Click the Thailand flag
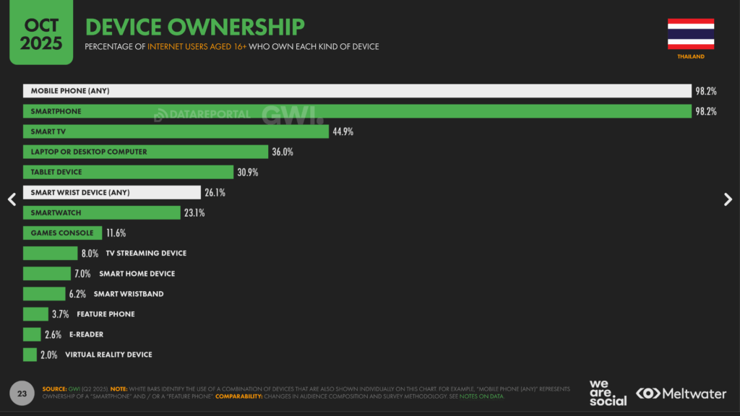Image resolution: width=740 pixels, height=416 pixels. (690, 34)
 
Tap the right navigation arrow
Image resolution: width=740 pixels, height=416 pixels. (728, 200)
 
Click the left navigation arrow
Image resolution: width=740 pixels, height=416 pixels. (12, 200)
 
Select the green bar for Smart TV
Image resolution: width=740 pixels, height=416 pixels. (176, 131)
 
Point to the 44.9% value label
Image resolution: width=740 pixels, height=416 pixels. (343, 131)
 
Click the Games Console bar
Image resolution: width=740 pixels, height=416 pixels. (62, 233)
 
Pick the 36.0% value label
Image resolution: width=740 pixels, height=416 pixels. (282, 152)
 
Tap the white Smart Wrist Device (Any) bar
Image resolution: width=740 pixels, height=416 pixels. (111, 192)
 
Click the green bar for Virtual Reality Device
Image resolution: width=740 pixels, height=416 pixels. (30, 355)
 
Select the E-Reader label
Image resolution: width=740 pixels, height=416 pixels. (86, 334)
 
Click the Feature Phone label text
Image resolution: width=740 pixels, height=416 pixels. (106, 314)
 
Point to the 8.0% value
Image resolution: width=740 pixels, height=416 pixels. (89, 253)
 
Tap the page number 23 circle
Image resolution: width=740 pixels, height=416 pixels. (22, 394)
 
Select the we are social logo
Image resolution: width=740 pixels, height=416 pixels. (608, 393)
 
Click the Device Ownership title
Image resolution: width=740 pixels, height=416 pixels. (194, 27)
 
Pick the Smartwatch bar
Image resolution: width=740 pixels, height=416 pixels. (101, 212)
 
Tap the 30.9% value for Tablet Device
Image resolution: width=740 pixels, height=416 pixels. (247, 172)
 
